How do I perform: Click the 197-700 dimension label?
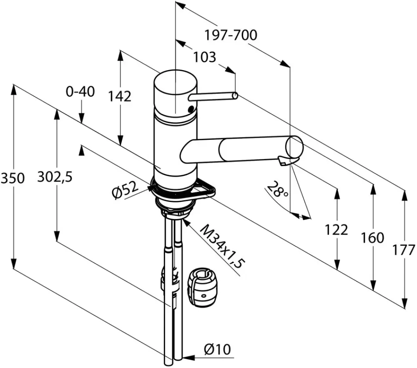point(231,35)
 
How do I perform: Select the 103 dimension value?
point(204,57)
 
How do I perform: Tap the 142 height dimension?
point(119,96)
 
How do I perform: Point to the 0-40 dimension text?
point(80,92)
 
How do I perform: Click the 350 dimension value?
point(13,178)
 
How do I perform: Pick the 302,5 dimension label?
point(55,176)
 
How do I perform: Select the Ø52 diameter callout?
point(126,190)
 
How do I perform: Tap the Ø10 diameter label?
point(217,349)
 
